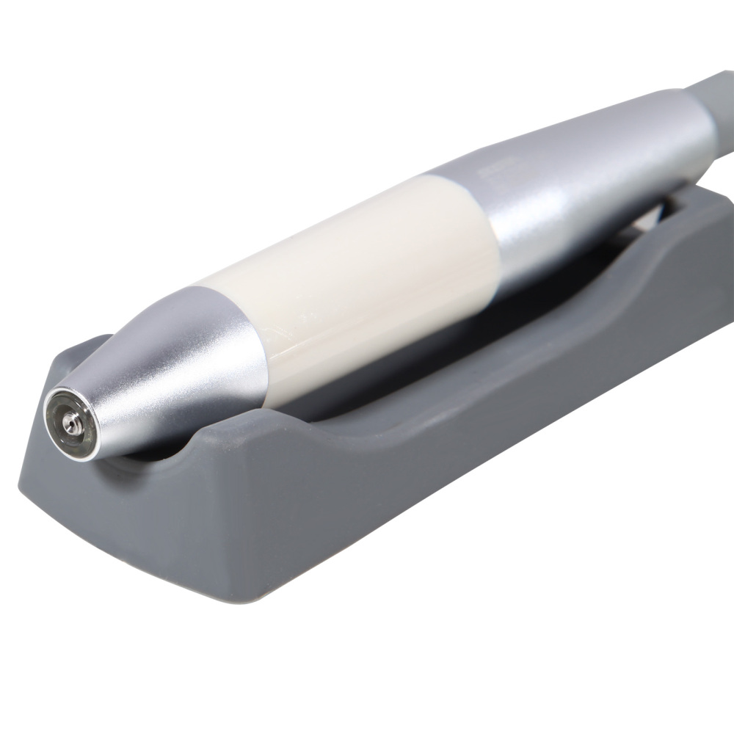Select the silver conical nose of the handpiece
pos(176,367)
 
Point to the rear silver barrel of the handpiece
pos(587,169)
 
